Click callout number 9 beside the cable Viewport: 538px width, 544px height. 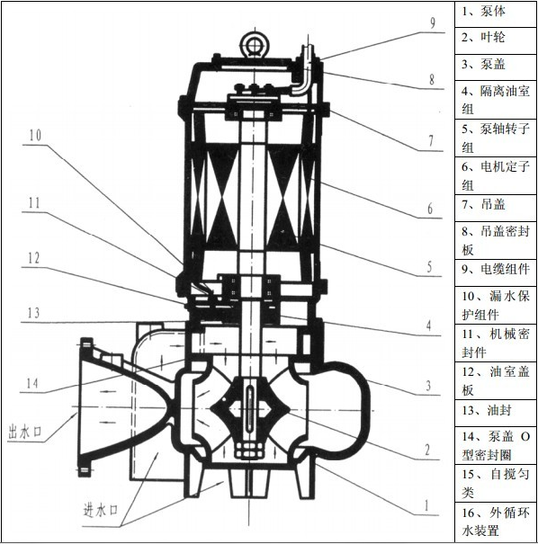click(x=433, y=22)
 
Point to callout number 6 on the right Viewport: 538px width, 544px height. click(x=430, y=209)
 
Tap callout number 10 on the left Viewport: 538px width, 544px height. click(x=35, y=135)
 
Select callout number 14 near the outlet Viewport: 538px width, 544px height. click(x=32, y=383)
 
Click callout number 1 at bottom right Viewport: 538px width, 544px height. click(x=426, y=506)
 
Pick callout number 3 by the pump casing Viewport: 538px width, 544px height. click(x=428, y=386)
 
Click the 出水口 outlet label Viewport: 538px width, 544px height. click(x=24, y=433)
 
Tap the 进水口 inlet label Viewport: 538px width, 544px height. click(x=101, y=511)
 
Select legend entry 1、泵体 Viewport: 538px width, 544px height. click(x=483, y=11)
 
